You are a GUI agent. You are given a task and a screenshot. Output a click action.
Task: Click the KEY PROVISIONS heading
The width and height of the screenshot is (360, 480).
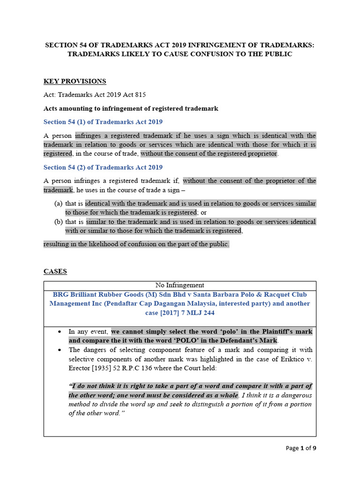75,81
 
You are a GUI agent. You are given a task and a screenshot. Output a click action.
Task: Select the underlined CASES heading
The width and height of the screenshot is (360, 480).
55,271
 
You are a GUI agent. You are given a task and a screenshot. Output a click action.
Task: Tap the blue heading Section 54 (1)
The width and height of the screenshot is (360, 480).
103,122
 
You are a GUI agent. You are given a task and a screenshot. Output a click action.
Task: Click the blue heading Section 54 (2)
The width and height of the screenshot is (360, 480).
103,167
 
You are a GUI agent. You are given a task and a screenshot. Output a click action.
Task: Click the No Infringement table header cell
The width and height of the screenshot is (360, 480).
180,285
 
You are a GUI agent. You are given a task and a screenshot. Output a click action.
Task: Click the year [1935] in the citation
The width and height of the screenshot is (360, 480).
100,368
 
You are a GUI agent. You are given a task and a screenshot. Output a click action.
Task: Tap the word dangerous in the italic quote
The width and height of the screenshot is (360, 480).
293,395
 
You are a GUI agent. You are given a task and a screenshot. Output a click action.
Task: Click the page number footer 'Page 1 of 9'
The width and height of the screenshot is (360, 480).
301,448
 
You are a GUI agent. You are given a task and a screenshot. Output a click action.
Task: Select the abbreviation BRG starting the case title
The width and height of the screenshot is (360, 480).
61,294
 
